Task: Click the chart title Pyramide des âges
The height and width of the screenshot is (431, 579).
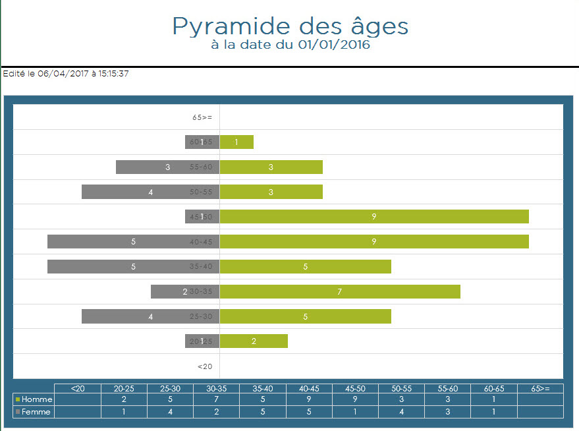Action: tap(290, 26)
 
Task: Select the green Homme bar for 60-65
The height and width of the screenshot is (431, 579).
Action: tap(236, 142)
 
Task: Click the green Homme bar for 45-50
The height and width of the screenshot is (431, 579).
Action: tap(374, 217)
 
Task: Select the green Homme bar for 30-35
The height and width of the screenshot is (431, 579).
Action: tap(340, 291)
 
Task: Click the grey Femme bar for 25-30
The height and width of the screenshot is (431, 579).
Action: tap(150, 316)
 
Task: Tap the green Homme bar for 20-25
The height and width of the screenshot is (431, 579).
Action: tap(254, 341)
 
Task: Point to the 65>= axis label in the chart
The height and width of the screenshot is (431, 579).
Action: tap(202, 117)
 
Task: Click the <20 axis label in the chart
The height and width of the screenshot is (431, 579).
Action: tap(205, 366)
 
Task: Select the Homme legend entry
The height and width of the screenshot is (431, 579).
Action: tap(34, 399)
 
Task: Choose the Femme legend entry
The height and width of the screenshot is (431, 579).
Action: tap(34, 412)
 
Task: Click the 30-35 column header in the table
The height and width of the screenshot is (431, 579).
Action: tap(217, 388)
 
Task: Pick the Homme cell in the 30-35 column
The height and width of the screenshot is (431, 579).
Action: tap(217, 399)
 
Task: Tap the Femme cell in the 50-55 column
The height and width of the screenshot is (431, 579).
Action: tap(401, 412)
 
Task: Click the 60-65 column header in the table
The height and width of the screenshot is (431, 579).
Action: tap(494, 388)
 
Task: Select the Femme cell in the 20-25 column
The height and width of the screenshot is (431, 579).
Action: tap(124, 412)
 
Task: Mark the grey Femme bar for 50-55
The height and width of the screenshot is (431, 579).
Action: tap(150, 192)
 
